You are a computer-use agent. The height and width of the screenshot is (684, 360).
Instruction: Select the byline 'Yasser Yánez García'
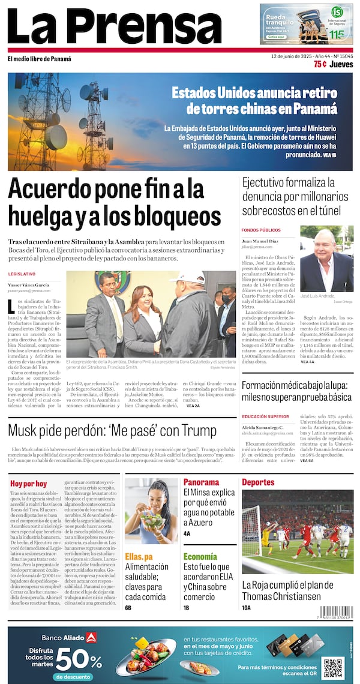[29, 284]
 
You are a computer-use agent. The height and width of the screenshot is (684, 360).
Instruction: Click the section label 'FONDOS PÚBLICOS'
[261, 230]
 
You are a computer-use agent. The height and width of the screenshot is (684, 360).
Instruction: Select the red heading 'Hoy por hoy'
[28, 483]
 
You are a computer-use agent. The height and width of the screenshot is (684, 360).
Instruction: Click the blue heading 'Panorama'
[201, 482]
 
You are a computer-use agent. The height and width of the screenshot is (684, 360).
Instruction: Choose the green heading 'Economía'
[200, 556]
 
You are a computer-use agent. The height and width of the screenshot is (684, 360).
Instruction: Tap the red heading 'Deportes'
[258, 482]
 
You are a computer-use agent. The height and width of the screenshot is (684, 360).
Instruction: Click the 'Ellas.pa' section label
[139, 556]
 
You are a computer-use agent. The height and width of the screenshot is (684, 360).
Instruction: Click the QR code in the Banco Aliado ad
[332, 668]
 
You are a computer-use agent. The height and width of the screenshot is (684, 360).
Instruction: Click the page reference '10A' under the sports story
[247, 608]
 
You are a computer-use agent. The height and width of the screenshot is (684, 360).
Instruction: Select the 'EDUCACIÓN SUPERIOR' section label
[265, 416]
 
